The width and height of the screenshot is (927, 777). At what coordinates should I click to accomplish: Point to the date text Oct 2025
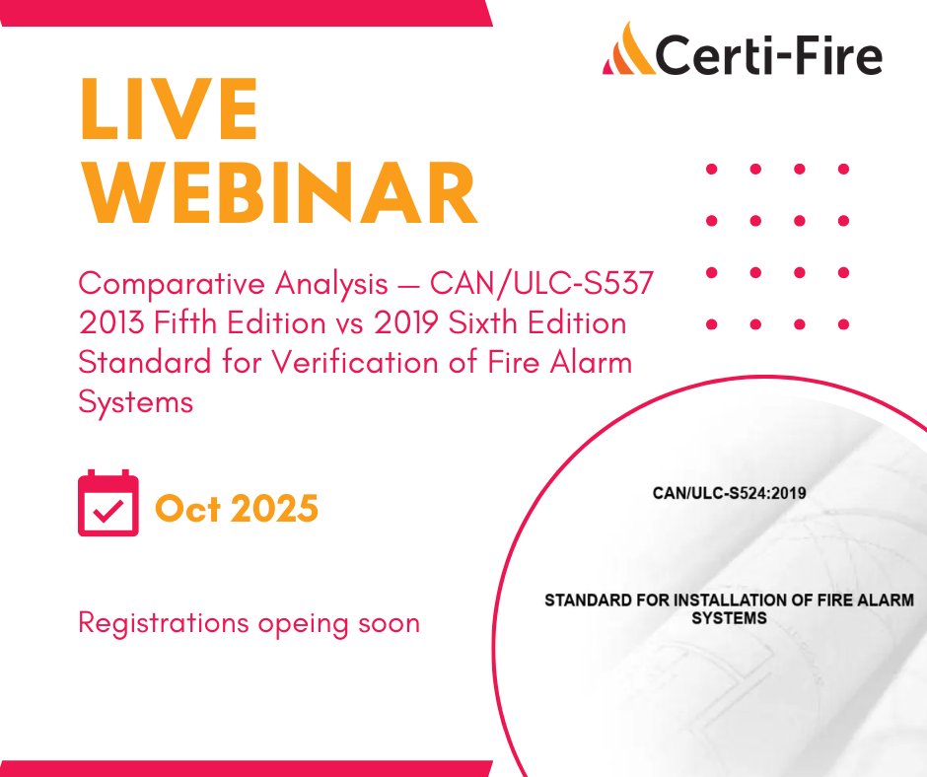tap(237, 508)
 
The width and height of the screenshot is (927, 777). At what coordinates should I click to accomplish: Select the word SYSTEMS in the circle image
tap(729, 618)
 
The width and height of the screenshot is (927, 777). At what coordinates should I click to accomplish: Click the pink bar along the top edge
tap(247, 12)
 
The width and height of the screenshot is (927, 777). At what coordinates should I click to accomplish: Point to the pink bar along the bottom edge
tap(247, 767)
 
